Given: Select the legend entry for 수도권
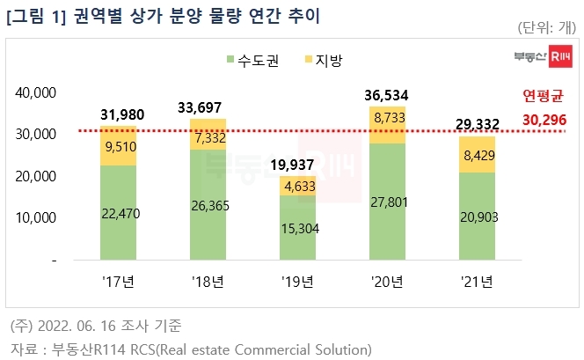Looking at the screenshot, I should pos(250,60).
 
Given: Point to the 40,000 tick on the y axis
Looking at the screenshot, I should pos(37,92).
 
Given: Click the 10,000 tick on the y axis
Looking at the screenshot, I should pos(37,217).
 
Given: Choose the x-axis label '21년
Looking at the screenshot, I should pos(476,282).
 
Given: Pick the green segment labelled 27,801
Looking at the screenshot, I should pos(388,202).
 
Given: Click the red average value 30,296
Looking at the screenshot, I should pos(544,117).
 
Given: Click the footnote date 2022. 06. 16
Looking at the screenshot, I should pos(93,327).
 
